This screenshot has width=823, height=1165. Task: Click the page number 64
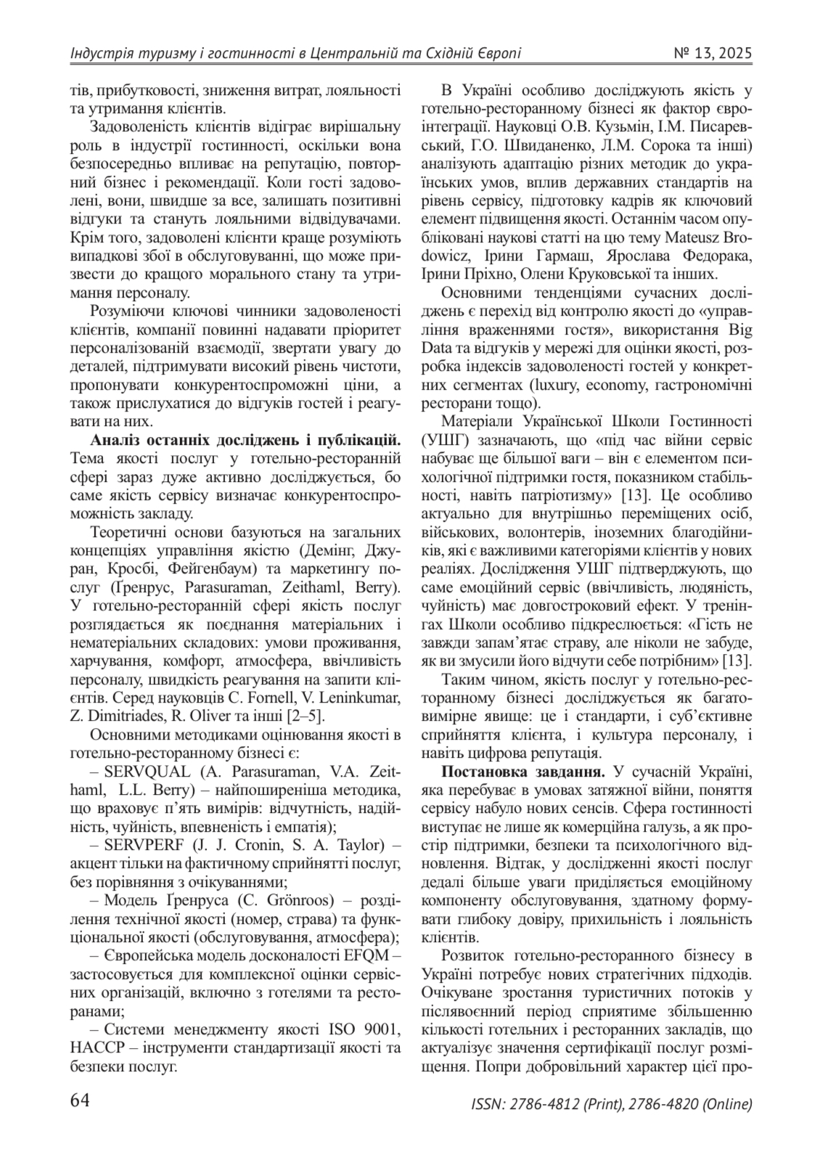[80, 1100]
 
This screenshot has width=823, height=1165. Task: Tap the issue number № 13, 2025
[713, 54]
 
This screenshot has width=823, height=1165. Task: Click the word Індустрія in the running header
[98, 54]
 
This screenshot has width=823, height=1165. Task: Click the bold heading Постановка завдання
[515, 770]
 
